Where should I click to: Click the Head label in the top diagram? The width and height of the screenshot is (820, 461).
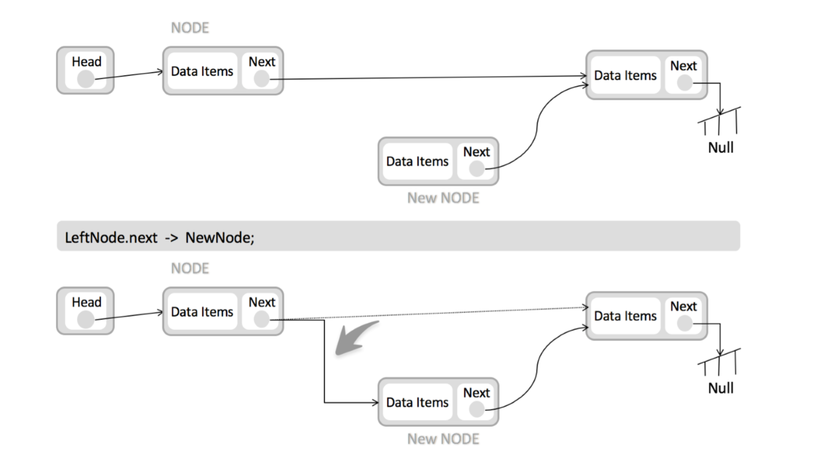[x=86, y=62]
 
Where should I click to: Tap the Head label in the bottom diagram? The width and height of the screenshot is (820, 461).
[x=86, y=303]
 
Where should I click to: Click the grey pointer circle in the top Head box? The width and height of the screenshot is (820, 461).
[x=86, y=79]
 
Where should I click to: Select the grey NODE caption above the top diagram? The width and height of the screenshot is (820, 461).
[x=190, y=28]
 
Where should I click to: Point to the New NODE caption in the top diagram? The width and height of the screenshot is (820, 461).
[x=443, y=198]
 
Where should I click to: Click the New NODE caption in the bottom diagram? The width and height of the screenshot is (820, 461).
[x=443, y=439]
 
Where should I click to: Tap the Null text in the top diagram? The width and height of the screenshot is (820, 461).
[x=721, y=148]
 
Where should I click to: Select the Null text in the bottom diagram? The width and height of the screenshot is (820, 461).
[x=721, y=388]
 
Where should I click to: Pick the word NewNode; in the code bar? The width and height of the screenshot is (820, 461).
[x=220, y=238]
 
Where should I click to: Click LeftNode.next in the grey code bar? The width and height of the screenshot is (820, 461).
[x=111, y=238]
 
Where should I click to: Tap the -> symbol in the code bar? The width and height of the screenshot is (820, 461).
[x=171, y=238]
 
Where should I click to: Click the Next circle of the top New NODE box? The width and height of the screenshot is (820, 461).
[x=476, y=169]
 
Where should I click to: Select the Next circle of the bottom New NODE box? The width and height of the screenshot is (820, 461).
[x=476, y=409]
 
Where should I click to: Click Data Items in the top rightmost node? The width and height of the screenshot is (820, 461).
[x=625, y=76]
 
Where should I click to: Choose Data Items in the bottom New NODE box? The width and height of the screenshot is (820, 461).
[x=417, y=403]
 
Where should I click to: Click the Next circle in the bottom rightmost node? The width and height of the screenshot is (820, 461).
[x=685, y=324]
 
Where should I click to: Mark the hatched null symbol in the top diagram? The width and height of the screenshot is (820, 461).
[x=719, y=121]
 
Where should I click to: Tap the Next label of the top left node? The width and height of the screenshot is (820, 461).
[x=262, y=62]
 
